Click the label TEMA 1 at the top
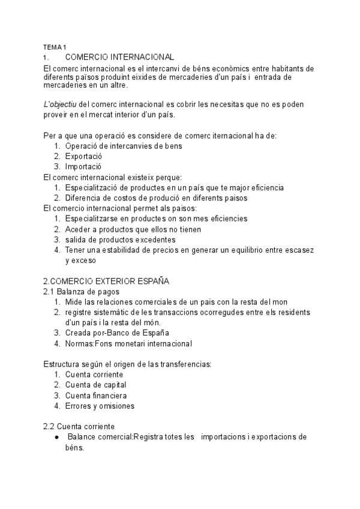coord(55,47)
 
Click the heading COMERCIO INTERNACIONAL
coord(119,57)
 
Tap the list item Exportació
coord(84,156)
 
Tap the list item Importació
coord(83,166)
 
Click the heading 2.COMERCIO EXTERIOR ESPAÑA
coord(106,280)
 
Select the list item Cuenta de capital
coord(96,385)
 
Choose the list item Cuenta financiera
coord(96,396)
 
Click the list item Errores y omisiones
coord(100,406)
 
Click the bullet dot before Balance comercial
coord(56,437)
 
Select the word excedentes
coord(152,239)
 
